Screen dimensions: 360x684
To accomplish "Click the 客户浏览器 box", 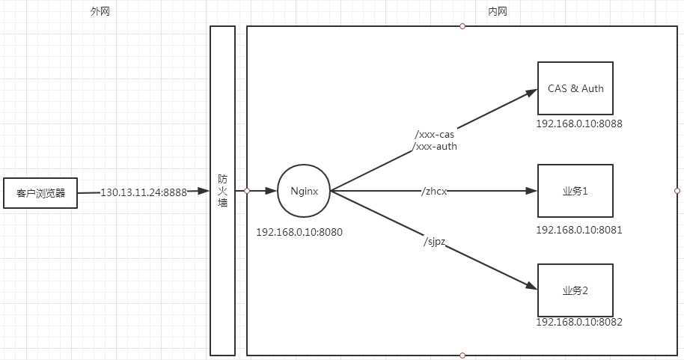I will (x=40, y=193).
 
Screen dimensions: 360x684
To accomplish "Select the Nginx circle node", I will (x=304, y=192).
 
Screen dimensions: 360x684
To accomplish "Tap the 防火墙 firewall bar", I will (x=222, y=191).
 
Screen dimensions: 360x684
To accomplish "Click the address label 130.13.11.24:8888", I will (x=143, y=192).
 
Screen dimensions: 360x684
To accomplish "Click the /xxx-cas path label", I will (x=434, y=135).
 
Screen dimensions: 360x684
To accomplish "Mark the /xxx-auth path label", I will (x=435, y=147).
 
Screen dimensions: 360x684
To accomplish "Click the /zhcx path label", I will (x=434, y=192).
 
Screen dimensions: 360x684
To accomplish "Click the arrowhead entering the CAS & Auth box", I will (x=532, y=93).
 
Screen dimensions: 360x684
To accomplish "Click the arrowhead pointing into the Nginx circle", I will (x=269, y=192).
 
